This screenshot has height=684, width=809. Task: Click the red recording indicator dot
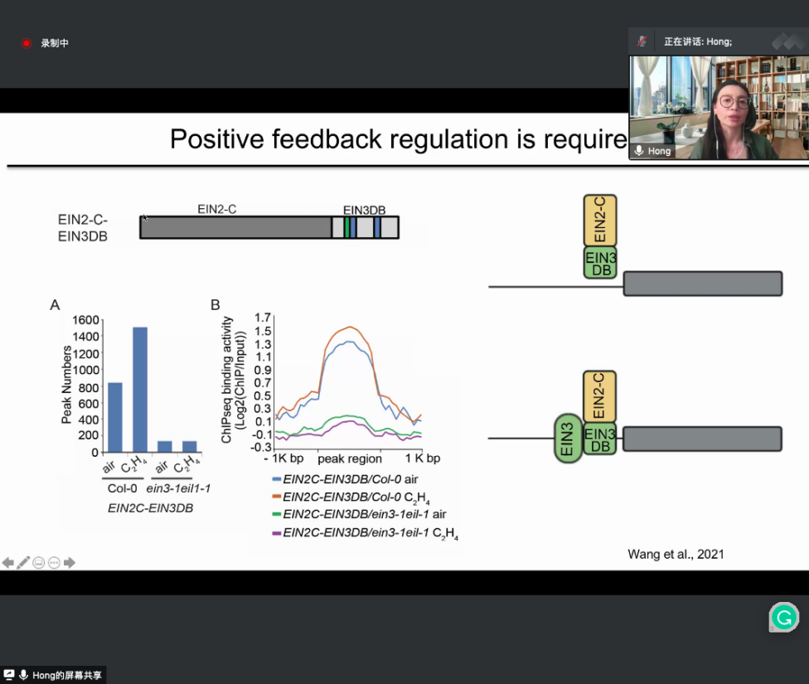27,43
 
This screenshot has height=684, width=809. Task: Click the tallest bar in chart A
140,390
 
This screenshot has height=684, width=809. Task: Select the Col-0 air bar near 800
115,418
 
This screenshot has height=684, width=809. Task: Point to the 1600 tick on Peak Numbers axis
85,320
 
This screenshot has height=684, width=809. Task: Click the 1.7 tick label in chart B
263,318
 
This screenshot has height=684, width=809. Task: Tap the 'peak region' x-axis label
350,458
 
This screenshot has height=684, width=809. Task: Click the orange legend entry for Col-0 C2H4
351,497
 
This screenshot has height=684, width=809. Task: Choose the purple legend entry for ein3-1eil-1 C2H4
366,533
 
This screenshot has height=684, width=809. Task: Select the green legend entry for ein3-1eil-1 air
359,514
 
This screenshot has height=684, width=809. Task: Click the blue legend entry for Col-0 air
345,479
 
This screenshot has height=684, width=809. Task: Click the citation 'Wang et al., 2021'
676,555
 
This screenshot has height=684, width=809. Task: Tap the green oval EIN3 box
568,439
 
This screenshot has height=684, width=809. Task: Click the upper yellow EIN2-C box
599,221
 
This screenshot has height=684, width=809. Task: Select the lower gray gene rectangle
702,439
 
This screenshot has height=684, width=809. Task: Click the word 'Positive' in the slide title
217,139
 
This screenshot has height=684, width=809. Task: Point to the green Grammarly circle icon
784,617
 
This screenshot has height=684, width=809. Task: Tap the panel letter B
216,305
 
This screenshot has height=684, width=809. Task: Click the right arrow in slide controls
70,563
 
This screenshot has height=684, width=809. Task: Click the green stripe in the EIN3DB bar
347,228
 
